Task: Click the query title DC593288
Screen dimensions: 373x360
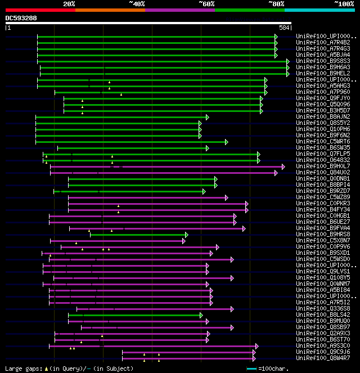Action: [x=21, y=18]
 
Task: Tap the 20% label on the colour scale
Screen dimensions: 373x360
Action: [x=69, y=4]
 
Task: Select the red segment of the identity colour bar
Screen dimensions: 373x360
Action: [x=40, y=10]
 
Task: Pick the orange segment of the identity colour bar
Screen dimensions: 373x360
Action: [x=110, y=10]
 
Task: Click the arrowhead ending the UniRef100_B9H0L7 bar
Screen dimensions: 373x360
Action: [x=283, y=167]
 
